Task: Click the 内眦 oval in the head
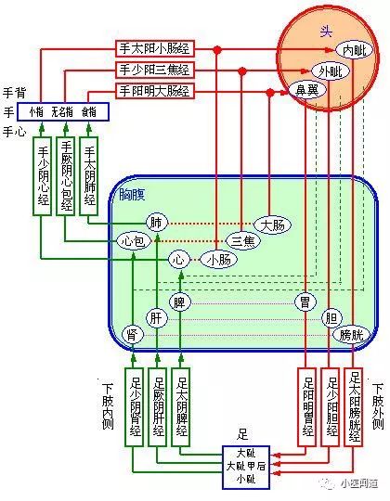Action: tap(353, 49)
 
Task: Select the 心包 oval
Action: tap(134, 240)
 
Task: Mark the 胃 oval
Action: tap(305, 302)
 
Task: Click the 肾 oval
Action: tap(134, 335)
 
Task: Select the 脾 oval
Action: tap(181, 302)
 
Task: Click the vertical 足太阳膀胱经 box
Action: tap(354, 406)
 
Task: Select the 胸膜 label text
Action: tap(131, 194)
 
